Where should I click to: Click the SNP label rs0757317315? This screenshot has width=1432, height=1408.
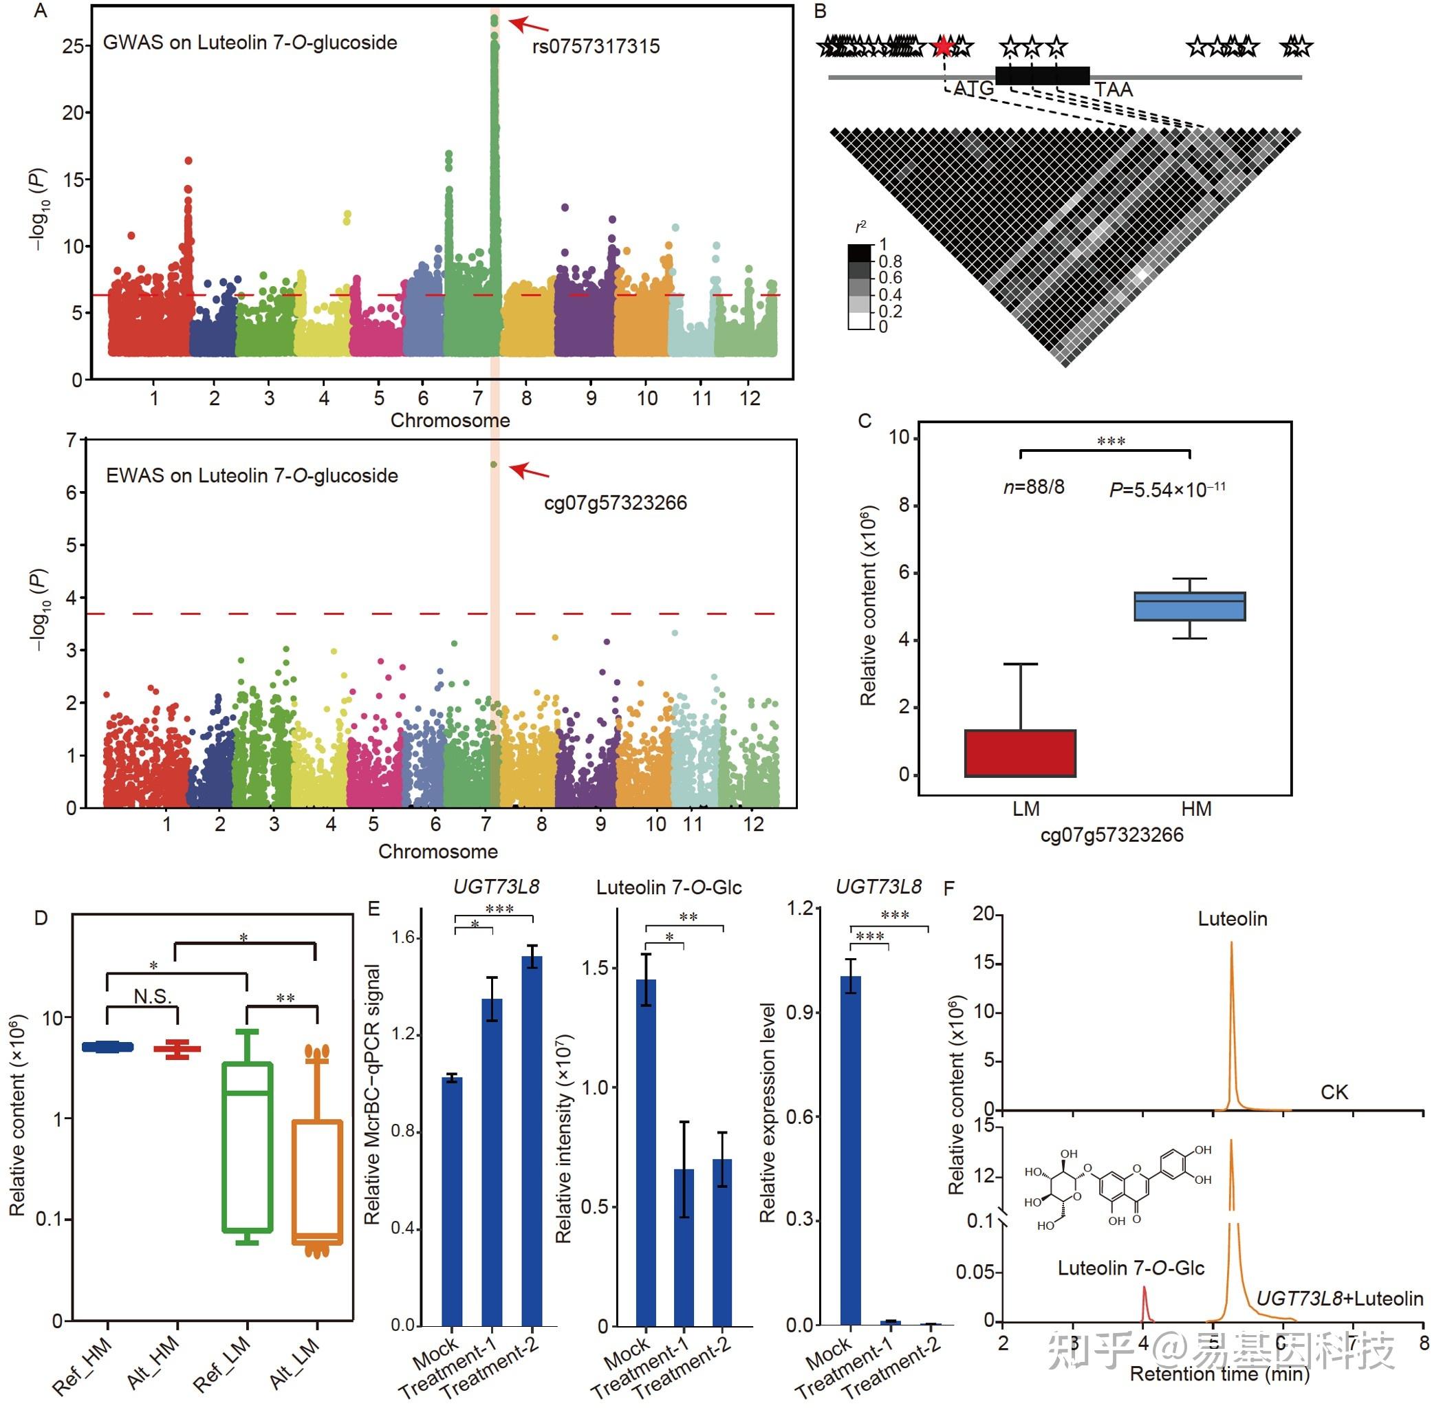click(596, 47)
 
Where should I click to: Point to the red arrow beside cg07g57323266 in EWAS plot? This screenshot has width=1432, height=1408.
click(530, 470)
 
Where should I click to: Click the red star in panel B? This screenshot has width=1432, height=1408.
click(942, 47)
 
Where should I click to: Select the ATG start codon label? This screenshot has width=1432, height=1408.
click(974, 89)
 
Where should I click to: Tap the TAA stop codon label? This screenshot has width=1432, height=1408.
click(1114, 89)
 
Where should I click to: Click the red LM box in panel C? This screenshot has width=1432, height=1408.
click(1020, 752)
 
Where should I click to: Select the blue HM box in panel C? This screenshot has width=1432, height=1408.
click(1189, 607)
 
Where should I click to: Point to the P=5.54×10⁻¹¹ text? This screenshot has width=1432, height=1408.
click(1167, 490)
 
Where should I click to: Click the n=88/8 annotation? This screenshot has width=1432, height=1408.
click(1034, 486)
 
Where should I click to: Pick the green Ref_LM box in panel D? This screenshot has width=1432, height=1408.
click(248, 1146)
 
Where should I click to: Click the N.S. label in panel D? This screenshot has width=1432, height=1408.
click(152, 997)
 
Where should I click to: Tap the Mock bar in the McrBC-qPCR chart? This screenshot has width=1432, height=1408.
click(452, 1202)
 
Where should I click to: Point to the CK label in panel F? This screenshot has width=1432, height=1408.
click(1334, 1092)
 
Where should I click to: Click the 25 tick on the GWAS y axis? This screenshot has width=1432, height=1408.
click(73, 46)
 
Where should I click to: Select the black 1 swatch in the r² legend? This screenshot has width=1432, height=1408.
click(860, 252)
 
